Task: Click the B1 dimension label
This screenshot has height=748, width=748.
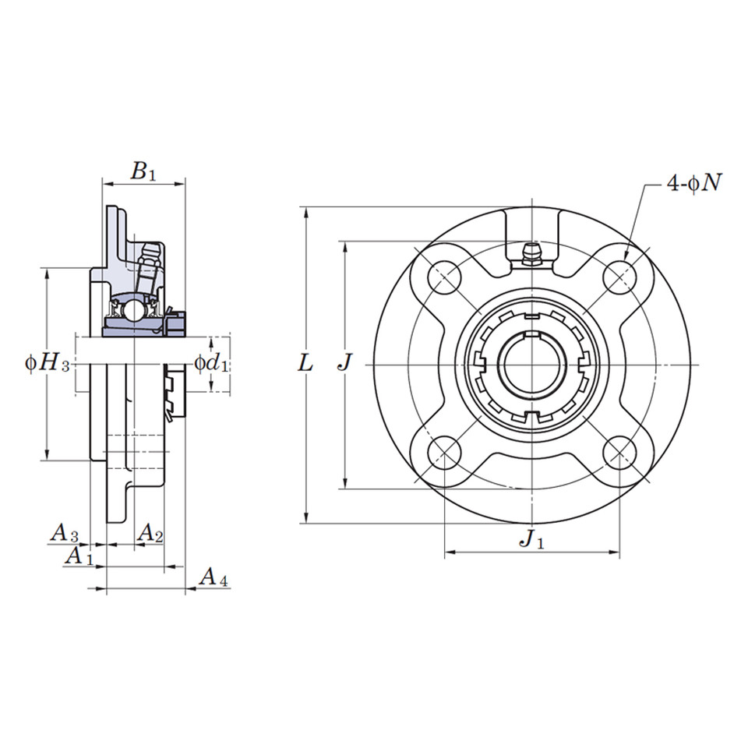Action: point(143,171)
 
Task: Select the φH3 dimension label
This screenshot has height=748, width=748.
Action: point(48,363)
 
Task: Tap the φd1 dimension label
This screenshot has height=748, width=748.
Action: point(211,363)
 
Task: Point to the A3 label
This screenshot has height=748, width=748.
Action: point(65,533)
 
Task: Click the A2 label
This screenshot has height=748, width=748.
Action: point(150,533)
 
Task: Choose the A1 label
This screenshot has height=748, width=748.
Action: point(78,556)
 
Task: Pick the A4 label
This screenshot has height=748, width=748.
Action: point(213,577)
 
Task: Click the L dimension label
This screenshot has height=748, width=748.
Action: point(306,363)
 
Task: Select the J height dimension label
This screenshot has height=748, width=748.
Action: point(345,363)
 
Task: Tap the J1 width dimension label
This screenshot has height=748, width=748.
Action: point(532,538)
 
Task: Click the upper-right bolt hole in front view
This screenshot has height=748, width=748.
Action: point(620,276)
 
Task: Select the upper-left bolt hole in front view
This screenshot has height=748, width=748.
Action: point(444,276)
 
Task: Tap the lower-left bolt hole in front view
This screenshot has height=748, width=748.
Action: point(444,453)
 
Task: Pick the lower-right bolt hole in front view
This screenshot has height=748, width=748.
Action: point(620,453)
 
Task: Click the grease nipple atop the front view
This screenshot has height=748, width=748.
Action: point(532,253)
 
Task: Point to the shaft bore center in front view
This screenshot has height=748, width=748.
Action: point(532,365)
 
